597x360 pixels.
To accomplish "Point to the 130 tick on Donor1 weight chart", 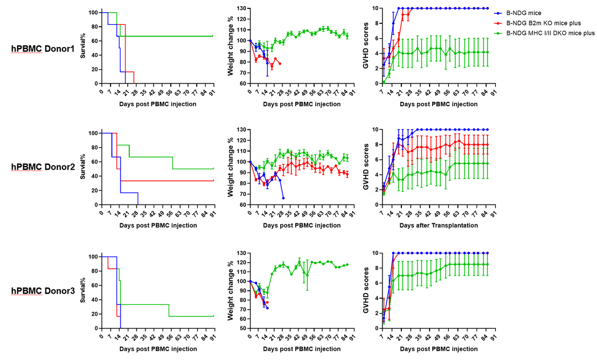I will click(x=242, y=8).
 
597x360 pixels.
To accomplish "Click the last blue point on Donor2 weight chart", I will click(x=284, y=198).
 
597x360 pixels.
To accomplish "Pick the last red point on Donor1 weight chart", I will click(x=280, y=64).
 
